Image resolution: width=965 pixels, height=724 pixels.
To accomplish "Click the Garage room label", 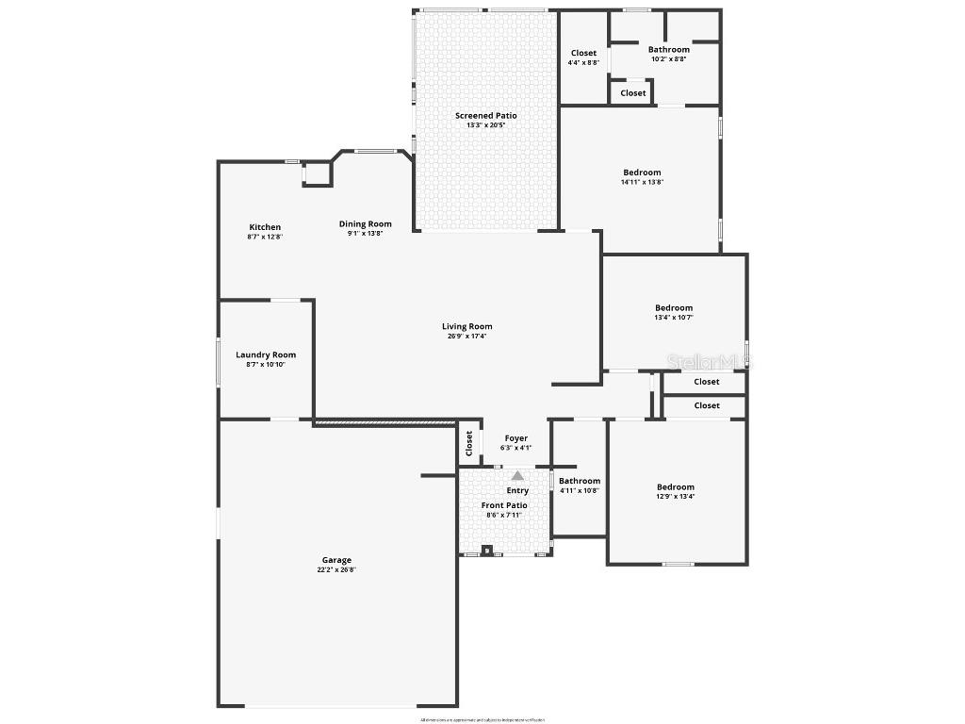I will [x=336, y=560].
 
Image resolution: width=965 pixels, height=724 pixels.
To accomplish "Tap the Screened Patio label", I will [x=485, y=115].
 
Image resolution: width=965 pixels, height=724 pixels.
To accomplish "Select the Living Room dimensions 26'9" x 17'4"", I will [x=467, y=337].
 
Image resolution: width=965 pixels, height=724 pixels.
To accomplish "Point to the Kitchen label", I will [x=265, y=227].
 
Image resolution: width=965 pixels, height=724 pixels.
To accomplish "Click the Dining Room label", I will [x=365, y=223].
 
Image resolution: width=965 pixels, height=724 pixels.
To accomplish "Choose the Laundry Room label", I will [x=266, y=354].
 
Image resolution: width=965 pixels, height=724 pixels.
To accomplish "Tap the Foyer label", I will [x=516, y=437].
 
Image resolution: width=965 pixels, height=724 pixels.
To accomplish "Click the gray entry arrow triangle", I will [x=517, y=476].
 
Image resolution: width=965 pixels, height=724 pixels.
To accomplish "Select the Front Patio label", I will [x=504, y=505].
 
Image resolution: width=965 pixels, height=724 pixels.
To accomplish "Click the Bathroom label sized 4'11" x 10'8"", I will [x=580, y=481].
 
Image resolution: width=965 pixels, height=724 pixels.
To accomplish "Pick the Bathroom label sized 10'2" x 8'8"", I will [x=668, y=49].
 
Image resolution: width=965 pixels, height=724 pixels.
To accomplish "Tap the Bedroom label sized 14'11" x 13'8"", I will [x=642, y=173].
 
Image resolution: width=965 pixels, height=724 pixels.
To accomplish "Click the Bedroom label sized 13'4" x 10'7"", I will [x=674, y=307].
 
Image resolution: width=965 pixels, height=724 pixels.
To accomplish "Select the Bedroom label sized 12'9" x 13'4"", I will [x=675, y=487].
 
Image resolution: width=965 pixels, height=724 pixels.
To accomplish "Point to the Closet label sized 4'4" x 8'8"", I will [x=583, y=53].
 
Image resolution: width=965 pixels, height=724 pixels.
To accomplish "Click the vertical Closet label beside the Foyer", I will [x=468, y=442].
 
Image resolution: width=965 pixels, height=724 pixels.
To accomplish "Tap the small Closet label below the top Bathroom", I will [x=633, y=93].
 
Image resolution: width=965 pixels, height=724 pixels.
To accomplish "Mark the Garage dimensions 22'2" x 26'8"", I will [x=336, y=569].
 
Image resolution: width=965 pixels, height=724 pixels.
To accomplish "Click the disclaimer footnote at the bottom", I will [x=482, y=719].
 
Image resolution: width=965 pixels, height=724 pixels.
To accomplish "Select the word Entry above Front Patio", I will [x=517, y=490].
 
